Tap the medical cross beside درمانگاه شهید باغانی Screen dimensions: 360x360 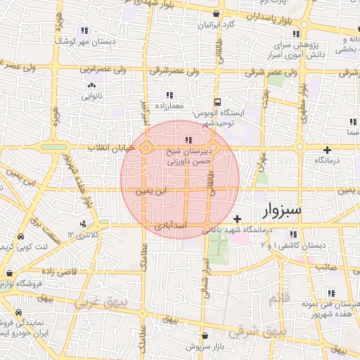coord(237,219)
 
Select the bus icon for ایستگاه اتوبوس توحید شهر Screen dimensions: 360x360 coord(217,102)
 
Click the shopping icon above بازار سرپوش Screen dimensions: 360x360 coord(205,336)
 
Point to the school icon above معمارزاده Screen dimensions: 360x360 coord(169,95)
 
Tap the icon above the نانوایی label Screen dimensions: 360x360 coord(91,86)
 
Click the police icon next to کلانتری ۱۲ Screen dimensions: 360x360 coord(84,224)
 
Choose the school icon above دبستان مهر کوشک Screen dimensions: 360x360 coord(84,30)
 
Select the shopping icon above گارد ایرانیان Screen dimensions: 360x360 coord(217,13)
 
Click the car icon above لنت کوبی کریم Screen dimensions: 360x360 coord(22,237)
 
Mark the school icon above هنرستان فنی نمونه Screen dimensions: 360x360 coord(330,293)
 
